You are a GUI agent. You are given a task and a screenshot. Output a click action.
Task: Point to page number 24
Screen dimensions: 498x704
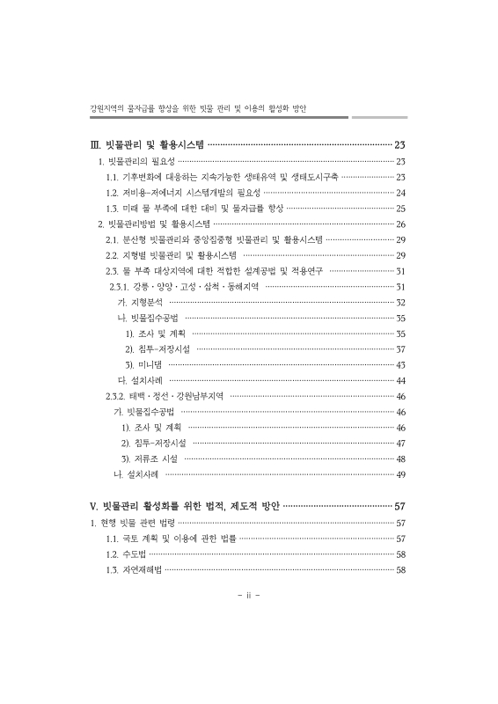pos(400,192)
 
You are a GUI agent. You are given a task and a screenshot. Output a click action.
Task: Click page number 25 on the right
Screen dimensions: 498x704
pos(400,209)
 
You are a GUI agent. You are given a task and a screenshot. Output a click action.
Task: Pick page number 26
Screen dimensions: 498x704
pos(400,224)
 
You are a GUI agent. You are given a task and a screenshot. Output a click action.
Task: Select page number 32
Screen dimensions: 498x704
pos(400,302)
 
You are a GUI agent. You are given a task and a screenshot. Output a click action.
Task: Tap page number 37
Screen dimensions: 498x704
pos(400,349)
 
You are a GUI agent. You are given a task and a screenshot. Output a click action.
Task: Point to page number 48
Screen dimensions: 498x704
pos(400,459)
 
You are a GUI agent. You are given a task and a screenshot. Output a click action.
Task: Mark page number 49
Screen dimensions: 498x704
pos(400,475)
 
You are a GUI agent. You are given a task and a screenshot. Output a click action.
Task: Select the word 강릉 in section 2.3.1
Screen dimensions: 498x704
pos(142,287)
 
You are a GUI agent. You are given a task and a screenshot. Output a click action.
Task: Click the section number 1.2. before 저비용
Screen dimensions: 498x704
pos(112,192)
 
